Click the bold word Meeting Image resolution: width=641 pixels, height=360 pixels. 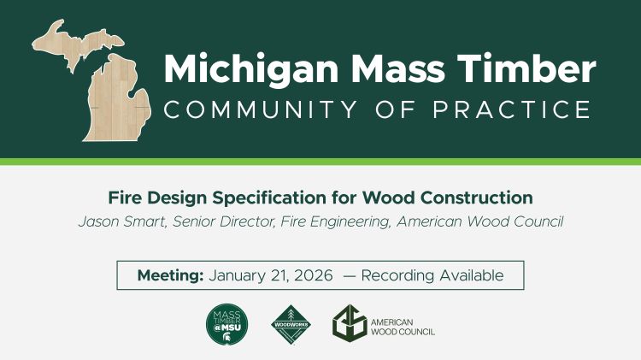170,275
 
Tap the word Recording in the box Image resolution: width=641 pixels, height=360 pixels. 399,275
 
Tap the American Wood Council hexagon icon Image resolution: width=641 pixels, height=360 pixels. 348,324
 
